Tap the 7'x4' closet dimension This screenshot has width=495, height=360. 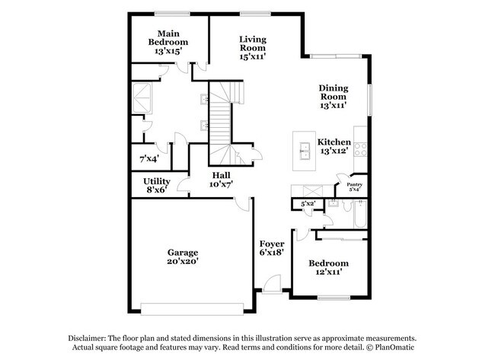pos(148,159)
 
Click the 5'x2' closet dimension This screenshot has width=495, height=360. pos(308,204)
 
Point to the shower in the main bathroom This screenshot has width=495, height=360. pos(143,97)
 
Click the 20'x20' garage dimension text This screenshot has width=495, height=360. pos(183,261)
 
